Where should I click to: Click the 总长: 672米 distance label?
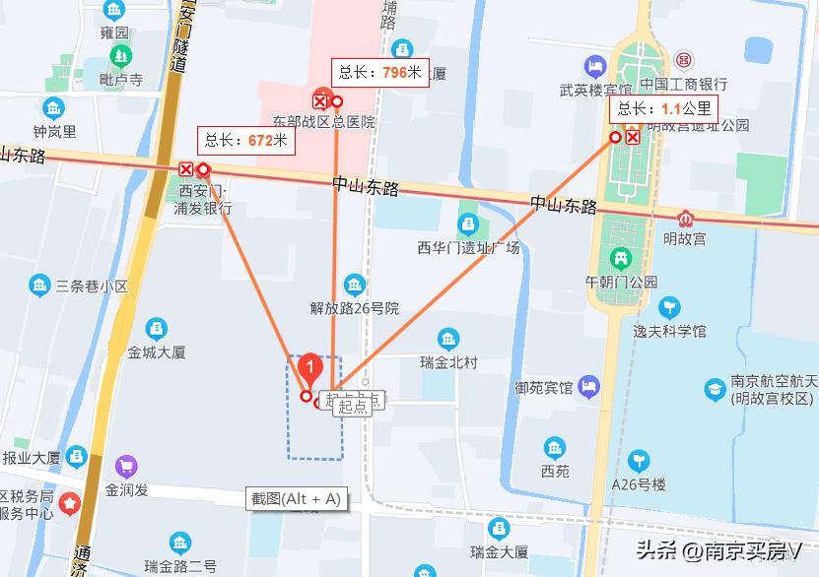pyautogui.click(x=246, y=141)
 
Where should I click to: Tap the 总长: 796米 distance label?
pyautogui.click(x=380, y=72)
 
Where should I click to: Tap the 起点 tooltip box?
pyautogui.click(x=352, y=406)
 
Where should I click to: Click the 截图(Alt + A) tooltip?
pyautogui.click(x=296, y=499)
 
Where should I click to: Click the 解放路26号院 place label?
pyautogui.click(x=355, y=308)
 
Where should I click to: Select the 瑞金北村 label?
pyautogui.click(x=448, y=362)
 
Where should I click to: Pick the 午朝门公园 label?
pyautogui.click(x=621, y=281)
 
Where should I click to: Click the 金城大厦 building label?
pyautogui.click(x=157, y=351)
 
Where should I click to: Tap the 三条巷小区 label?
pyautogui.click(x=92, y=287)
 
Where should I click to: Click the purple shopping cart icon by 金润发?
pyautogui.click(x=126, y=465)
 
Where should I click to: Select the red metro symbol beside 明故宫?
pyautogui.click(x=685, y=219)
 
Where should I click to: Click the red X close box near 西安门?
pyautogui.click(x=185, y=169)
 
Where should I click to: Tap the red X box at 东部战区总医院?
pyautogui.click(x=319, y=100)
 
